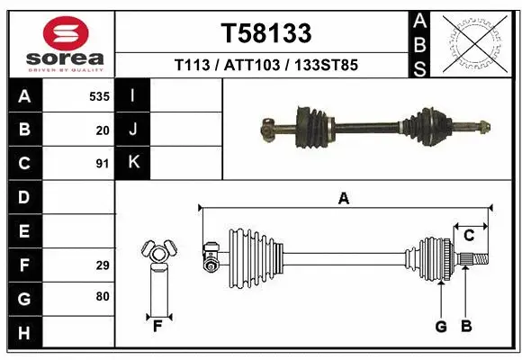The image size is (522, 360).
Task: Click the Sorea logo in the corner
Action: (x=60, y=43)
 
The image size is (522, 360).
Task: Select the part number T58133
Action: (x=266, y=34)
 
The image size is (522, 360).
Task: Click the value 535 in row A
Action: (x=100, y=95)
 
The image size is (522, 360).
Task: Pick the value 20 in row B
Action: (x=103, y=130)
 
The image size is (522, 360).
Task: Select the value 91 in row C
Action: (x=103, y=163)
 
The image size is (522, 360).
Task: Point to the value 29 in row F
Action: (x=103, y=265)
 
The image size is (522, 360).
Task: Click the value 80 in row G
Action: (x=103, y=296)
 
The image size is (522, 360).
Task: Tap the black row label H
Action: (x=24, y=332)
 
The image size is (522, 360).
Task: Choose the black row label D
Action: (x=24, y=197)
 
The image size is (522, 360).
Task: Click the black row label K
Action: (x=133, y=163)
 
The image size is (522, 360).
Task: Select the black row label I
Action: (x=133, y=95)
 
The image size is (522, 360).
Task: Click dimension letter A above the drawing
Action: (x=343, y=199)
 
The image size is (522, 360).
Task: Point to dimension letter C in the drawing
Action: (x=469, y=236)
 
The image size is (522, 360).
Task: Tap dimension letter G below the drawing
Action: (x=441, y=326)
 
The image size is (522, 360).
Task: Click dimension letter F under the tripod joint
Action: (x=157, y=326)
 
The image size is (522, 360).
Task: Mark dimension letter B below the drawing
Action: (x=466, y=326)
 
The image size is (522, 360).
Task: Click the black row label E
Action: (x=24, y=231)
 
